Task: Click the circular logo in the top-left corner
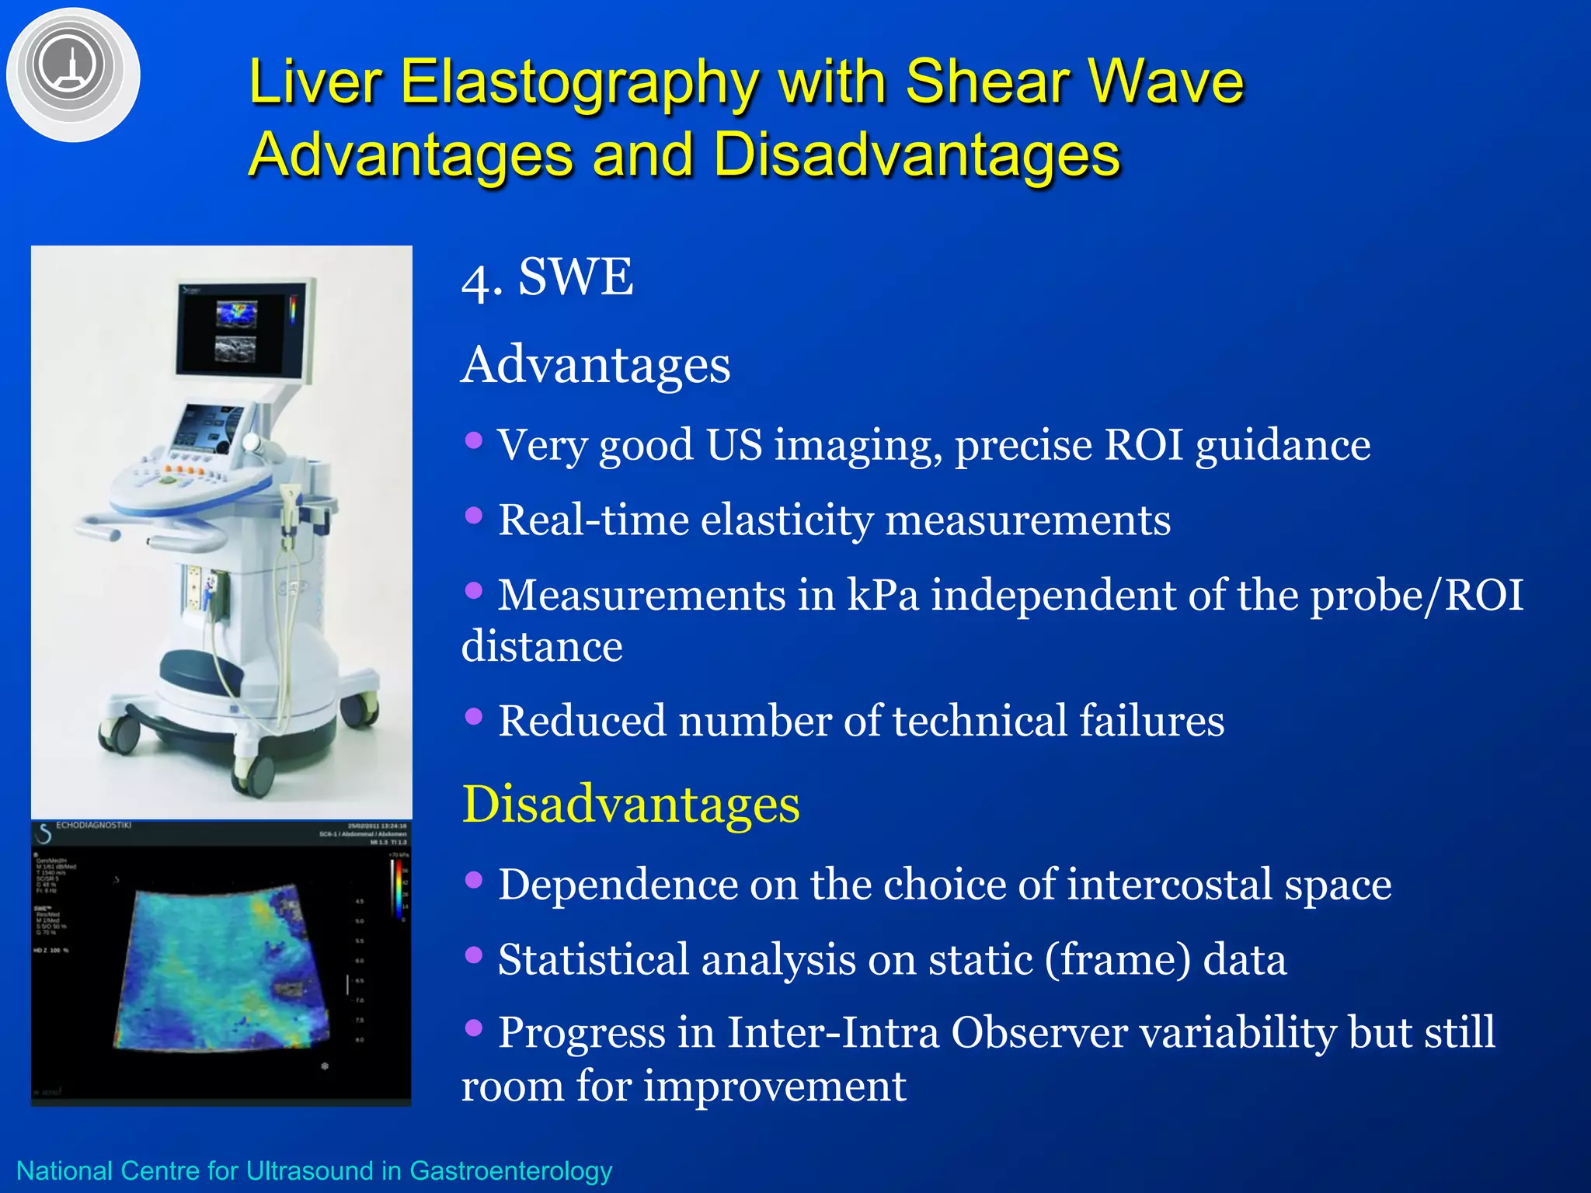point(72,74)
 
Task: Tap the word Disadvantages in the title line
point(917,154)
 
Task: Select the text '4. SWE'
point(547,277)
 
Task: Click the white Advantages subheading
point(596,365)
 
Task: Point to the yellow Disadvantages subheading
point(631,804)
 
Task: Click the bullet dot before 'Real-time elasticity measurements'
point(473,516)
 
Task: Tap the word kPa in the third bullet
point(883,595)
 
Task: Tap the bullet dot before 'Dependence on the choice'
point(473,880)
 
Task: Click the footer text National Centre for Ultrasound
point(314,1170)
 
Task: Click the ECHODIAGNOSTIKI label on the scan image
point(93,826)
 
